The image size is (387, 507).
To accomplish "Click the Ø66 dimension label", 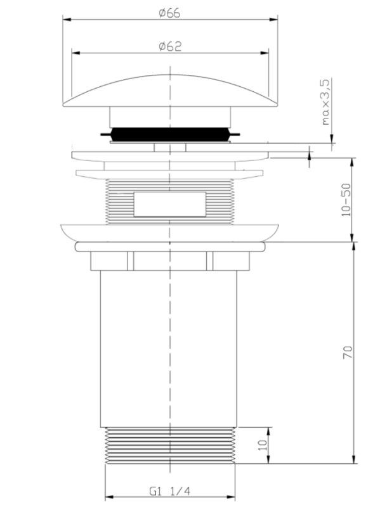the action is (x=169, y=13).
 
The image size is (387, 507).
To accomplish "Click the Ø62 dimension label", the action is (x=170, y=46).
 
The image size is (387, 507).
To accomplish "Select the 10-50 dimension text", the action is (x=346, y=200).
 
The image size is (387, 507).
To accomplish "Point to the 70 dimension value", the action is (x=348, y=352).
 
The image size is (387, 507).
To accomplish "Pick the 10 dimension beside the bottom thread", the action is (x=264, y=446).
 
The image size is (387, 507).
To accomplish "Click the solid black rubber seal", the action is (x=170, y=134).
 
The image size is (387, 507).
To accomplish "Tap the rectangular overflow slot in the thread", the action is (x=170, y=204).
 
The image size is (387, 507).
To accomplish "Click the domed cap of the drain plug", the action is (x=170, y=91).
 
